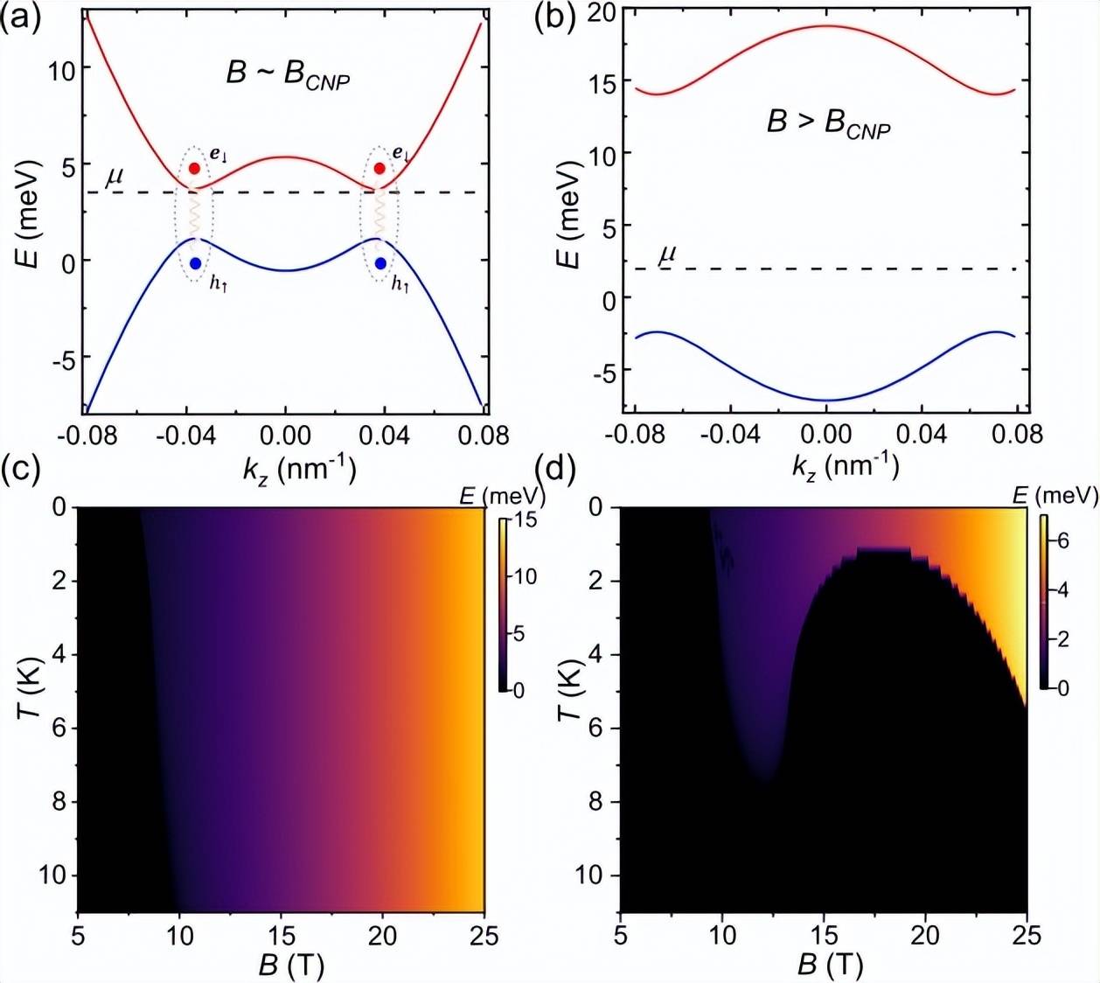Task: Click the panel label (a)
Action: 20,17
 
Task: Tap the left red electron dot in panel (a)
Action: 194,168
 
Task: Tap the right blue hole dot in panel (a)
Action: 380,263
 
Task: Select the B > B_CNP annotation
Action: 828,124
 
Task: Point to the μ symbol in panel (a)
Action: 115,178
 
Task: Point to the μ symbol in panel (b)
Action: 667,254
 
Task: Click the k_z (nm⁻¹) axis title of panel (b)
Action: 845,465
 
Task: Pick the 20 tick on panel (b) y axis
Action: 601,13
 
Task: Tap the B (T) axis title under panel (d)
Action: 830,965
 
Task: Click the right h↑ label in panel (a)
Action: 401,284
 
